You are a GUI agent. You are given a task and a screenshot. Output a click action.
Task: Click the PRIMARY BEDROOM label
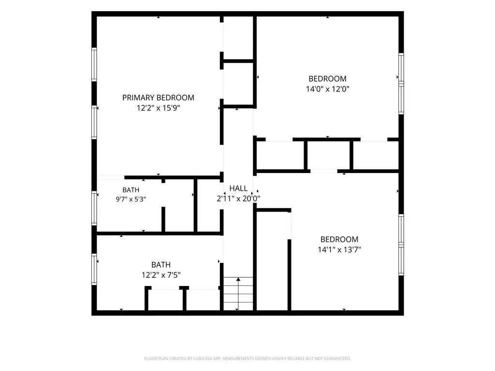[x=158, y=98]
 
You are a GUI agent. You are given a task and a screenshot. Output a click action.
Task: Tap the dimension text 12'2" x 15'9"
[x=158, y=108]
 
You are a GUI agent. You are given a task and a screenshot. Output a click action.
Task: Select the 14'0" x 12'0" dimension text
[x=327, y=89]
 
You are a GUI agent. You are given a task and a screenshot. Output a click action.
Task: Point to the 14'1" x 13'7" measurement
[x=339, y=250]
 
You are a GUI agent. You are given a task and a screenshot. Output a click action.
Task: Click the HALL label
[x=238, y=188]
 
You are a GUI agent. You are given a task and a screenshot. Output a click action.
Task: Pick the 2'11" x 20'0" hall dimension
[x=238, y=199]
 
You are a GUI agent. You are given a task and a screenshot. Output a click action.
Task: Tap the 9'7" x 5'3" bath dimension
[x=131, y=199]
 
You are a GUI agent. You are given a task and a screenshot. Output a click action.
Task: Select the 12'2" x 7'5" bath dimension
[x=161, y=275]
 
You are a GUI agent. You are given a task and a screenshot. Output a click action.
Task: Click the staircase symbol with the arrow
[x=238, y=294]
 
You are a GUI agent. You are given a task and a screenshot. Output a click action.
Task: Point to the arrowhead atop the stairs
[x=238, y=279]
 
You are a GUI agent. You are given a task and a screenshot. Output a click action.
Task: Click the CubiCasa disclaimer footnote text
[x=247, y=358]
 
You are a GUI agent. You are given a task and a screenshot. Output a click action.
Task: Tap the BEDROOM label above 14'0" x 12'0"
[x=327, y=79]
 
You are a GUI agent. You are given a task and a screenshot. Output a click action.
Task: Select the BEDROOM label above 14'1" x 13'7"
[x=339, y=239]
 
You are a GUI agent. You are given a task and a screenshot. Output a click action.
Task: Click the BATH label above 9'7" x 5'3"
[x=131, y=190]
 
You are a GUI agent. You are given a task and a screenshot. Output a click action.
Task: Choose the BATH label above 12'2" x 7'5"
[x=161, y=264]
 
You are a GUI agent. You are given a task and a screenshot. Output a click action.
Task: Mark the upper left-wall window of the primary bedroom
[x=94, y=64]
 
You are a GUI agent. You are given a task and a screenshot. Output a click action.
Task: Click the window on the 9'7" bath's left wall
[x=94, y=208]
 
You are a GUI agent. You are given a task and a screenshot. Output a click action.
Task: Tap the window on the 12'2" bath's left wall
[x=94, y=269]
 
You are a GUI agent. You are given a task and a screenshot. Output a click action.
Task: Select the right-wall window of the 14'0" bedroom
[x=401, y=84]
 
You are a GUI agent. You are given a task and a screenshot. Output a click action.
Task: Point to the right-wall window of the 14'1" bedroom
[x=401, y=245]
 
